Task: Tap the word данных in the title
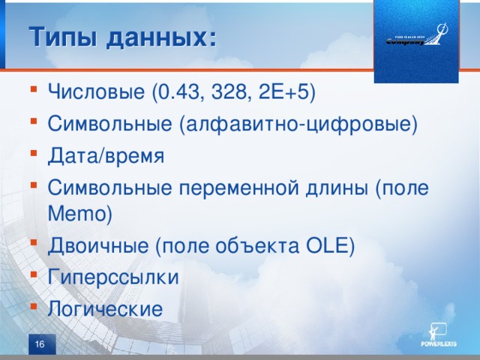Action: point(160,36)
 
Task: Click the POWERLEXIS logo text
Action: point(438,344)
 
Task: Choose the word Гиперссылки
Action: point(113,277)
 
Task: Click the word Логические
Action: point(104,308)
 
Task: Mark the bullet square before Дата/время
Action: point(34,155)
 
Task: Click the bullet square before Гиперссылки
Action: point(34,277)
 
